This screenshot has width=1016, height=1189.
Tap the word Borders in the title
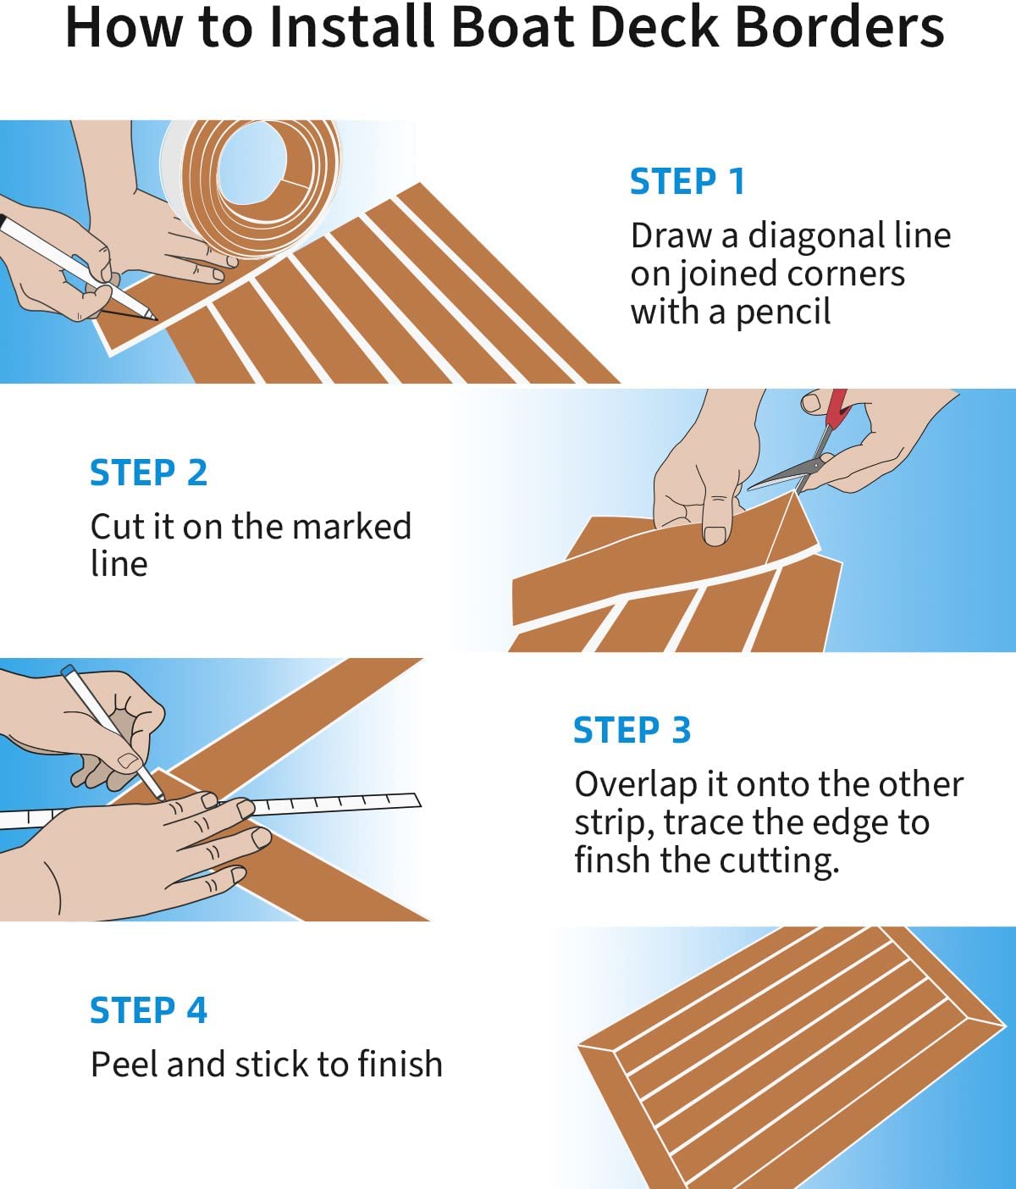coord(840,27)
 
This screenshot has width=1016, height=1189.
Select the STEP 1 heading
coord(687,182)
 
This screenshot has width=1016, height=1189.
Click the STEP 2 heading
coord(148,473)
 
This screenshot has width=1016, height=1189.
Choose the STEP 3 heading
coord(632,731)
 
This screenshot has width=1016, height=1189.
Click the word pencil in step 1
coord(783,312)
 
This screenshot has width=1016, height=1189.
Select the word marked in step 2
coord(352,526)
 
